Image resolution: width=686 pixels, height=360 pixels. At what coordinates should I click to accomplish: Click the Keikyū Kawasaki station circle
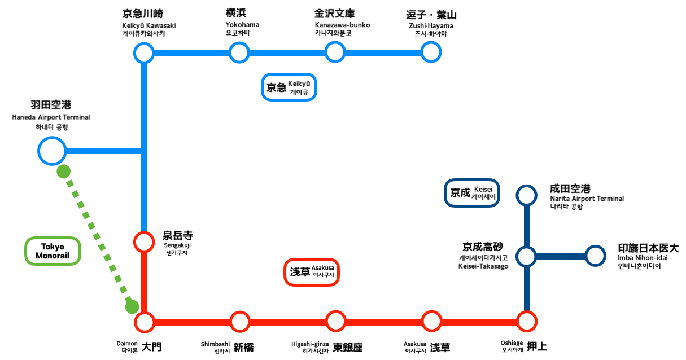click(144, 53)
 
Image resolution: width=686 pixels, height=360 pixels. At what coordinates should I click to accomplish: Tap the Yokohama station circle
click(239, 53)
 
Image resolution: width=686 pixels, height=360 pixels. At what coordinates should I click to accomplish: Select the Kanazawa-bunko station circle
click(335, 53)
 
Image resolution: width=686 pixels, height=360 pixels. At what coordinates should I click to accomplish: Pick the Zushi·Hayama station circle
click(431, 53)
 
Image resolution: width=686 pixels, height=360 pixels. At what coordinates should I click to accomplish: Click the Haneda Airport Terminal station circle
click(51, 151)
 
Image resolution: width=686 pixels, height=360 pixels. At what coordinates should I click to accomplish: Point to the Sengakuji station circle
click(144, 242)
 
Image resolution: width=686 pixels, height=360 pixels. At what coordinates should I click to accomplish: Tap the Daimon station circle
click(145, 323)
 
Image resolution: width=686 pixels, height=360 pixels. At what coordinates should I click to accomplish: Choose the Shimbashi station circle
click(240, 323)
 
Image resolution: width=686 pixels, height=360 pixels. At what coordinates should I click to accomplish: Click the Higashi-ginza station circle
click(335, 323)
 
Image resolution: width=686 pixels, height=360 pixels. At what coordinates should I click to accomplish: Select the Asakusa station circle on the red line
click(431, 323)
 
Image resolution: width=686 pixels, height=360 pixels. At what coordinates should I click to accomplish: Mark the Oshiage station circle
click(527, 323)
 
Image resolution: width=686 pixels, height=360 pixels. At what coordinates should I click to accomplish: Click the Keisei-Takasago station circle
click(526, 256)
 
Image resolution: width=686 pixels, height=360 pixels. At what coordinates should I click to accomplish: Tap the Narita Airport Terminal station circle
click(526, 195)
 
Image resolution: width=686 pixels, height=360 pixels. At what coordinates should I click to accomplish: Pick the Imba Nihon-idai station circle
click(595, 256)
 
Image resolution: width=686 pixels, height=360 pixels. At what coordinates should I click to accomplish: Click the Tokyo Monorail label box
click(53, 252)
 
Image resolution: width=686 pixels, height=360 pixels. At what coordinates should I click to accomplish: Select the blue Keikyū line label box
click(289, 87)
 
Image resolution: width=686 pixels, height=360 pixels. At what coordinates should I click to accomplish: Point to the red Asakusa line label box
click(312, 272)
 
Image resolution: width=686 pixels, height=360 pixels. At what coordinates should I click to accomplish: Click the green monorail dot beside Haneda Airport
click(64, 171)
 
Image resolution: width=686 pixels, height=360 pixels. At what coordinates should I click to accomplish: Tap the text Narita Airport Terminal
click(587, 199)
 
